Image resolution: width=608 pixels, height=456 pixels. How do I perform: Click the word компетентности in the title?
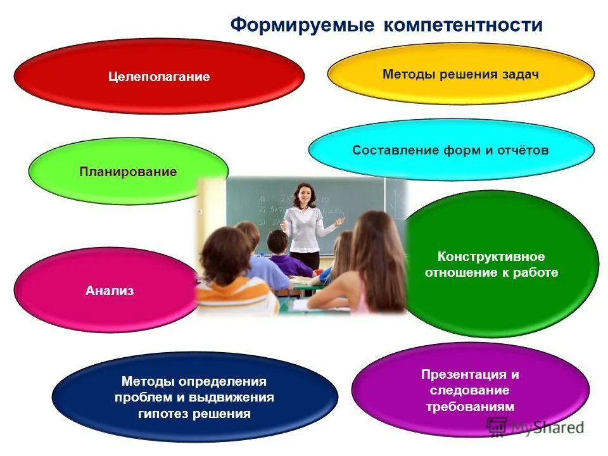pyautogui.click(x=462, y=25)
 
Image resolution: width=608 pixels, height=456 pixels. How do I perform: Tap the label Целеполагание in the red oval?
pyautogui.click(x=158, y=77)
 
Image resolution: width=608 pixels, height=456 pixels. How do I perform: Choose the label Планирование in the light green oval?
pyautogui.click(x=128, y=172)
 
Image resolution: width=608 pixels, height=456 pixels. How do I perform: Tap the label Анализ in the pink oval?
pyautogui.click(x=110, y=291)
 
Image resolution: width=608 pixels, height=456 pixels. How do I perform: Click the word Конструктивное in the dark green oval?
pyautogui.click(x=491, y=256)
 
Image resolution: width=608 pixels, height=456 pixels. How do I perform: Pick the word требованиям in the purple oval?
pyautogui.click(x=470, y=407)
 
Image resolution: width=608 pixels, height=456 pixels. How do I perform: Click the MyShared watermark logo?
pyautogui.click(x=535, y=426)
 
